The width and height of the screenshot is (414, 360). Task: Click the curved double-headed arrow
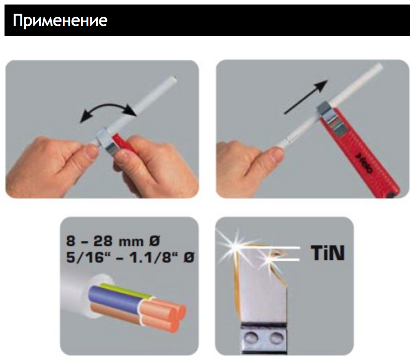(108, 106)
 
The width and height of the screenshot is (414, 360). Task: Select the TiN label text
(328, 253)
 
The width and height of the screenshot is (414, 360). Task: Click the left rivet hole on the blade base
(250, 337)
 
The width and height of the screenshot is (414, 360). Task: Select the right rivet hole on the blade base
(276, 337)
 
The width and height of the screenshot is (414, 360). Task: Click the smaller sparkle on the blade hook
(268, 260)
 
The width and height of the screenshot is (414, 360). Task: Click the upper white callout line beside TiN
(272, 248)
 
